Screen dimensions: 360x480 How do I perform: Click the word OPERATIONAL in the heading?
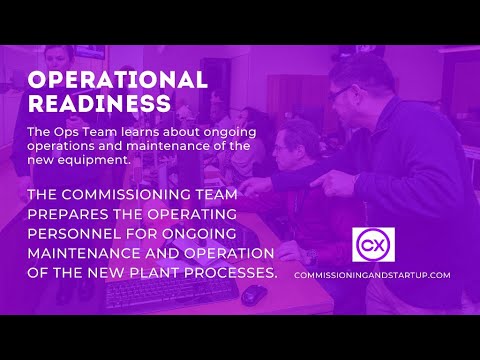[x=117, y=80]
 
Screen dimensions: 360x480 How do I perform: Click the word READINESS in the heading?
[x=98, y=103]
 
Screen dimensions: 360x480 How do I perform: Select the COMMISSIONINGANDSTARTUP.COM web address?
[x=372, y=275]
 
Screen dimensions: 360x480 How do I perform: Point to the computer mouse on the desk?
[x=254, y=294]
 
